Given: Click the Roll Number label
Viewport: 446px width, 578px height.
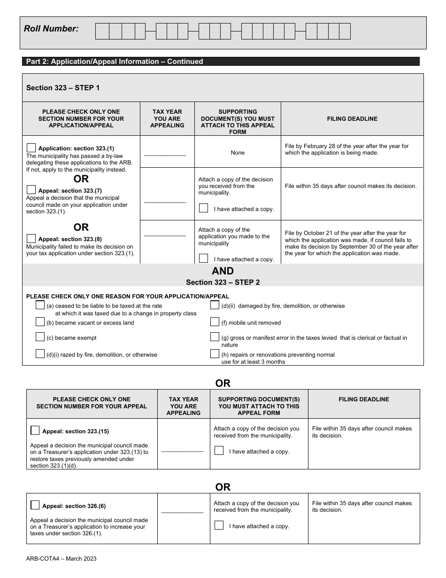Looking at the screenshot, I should coord(51,29).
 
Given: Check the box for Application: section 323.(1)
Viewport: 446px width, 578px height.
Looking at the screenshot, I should coord(31,148).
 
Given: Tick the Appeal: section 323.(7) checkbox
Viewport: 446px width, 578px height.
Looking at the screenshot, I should coord(31,190).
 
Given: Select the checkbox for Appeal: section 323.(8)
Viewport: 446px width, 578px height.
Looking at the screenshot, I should coord(31,238).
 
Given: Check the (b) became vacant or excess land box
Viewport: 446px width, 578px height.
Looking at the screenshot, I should coord(40,322).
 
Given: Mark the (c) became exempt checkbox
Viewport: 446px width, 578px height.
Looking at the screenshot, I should coord(40,337).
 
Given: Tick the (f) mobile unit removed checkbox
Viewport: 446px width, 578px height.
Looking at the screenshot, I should coord(215,322).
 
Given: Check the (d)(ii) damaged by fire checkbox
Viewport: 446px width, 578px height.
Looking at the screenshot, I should coord(215,305).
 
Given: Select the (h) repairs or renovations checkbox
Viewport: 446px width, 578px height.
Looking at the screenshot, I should coord(215,354).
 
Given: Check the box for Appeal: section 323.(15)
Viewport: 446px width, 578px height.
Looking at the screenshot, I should coord(35,430).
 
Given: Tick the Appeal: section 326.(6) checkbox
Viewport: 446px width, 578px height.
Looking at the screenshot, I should coord(35,506).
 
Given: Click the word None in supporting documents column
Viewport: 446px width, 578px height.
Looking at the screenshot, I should coord(238,153).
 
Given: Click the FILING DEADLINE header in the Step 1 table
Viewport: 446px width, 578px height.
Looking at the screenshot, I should coord(352,119).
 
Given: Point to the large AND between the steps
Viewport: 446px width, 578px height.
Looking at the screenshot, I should coord(223,271).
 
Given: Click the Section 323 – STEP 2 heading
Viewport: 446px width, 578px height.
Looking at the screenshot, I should coord(223,282).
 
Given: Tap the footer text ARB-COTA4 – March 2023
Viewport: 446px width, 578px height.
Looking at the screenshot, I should coord(61,559).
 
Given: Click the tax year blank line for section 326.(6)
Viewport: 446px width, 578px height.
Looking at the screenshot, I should coord(182,513).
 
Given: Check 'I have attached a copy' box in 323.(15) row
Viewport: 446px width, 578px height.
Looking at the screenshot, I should coord(219,451).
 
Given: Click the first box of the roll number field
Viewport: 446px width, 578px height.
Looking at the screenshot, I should coord(102,31).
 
